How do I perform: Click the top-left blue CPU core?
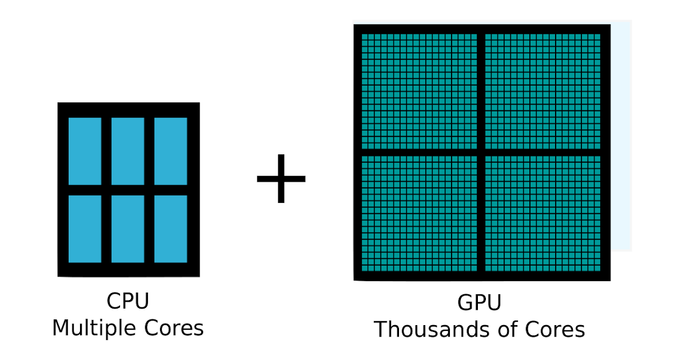[85, 151]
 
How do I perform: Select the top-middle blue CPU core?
[127, 151]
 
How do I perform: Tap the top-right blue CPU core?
[170, 151]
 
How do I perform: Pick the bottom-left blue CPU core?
[85, 229]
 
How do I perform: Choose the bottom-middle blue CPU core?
[127, 229]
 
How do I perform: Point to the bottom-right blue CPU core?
[170, 229]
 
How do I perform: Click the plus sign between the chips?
[281, 178]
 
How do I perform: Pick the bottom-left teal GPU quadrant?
[420, 213]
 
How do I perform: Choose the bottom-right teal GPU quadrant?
[543, 213]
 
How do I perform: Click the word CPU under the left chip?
[128, 302]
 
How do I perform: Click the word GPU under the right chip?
[479, 303]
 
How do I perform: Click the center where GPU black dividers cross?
[481, 152]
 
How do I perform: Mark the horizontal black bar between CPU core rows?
[127, 190]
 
